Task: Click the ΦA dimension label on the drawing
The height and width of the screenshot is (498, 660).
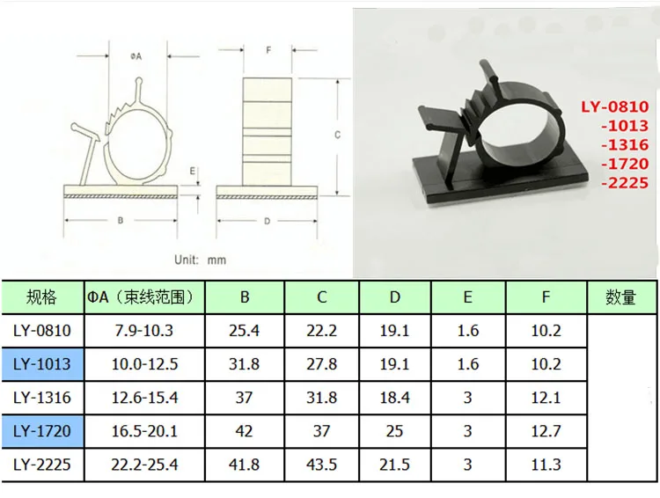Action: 136,56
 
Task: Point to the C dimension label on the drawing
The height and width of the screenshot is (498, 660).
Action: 337,135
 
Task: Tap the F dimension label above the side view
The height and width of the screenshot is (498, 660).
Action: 268,50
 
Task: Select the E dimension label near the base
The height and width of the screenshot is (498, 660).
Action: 193,171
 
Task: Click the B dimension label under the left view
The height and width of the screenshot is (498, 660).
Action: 121,220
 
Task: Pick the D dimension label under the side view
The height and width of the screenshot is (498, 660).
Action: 267,221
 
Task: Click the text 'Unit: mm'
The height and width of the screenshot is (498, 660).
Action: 201,260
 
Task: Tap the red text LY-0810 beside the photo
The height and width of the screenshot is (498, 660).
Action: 615,106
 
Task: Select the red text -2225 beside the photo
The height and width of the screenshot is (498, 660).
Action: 625,183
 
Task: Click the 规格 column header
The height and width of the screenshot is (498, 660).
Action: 41,297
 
